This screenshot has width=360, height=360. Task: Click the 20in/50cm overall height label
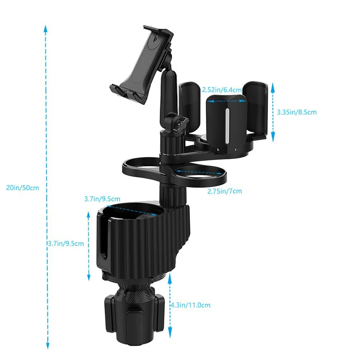[x=22, y=188]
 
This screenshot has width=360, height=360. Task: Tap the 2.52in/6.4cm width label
[x=222, y=90]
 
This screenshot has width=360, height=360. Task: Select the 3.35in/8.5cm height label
[x=297, y=112]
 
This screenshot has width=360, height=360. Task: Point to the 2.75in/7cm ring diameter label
[x=225, y=191]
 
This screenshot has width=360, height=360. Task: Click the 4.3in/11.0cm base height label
[x=190, y=305]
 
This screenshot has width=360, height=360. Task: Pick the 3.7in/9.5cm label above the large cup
[x=102, y=199]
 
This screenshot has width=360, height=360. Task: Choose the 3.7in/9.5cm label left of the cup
[x=66, y=243]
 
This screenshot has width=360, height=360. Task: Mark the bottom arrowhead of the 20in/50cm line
[x=48, y=345]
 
